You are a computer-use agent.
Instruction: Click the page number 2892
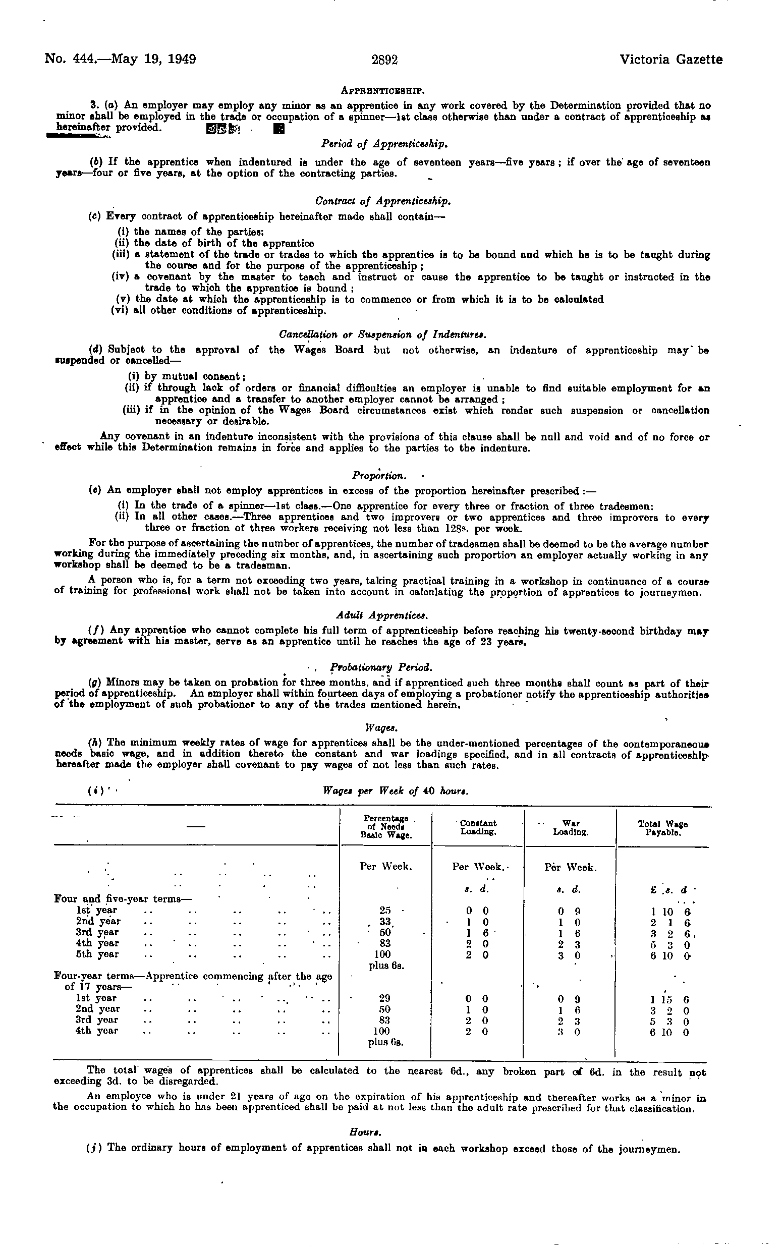[x=384, y=60]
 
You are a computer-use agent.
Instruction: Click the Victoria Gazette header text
[x=670, y=60]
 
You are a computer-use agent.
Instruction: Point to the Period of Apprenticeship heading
[x=384, y=143]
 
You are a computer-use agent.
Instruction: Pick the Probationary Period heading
[x=381, y=667]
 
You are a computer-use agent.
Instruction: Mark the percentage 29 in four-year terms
[x=384, y=998]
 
